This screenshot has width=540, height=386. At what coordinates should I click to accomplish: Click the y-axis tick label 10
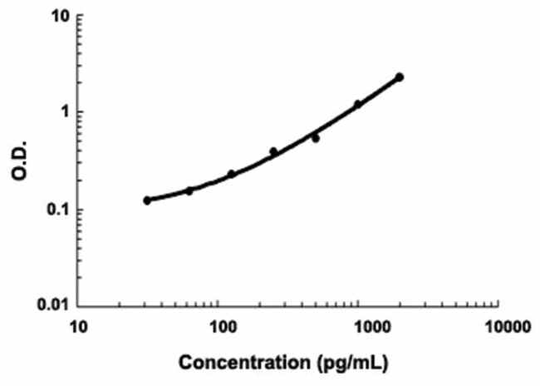click(59, 17)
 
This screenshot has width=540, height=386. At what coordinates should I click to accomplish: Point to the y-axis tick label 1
click(64, 112)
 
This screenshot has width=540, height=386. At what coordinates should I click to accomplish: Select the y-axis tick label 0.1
click(57, 210)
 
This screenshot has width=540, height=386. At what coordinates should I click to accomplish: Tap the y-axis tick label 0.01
click(54, 306)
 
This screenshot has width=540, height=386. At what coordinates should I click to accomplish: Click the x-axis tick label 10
click(78, 326)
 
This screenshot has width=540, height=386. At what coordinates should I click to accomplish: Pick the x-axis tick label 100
click(219, 326)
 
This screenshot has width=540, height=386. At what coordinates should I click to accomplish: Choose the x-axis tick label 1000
click(359, 326)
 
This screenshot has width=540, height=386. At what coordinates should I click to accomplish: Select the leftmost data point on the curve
click(147, 200)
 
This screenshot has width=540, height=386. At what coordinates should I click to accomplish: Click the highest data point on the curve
click(400, 77)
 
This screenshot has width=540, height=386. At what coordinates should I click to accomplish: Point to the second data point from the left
click(189, 191)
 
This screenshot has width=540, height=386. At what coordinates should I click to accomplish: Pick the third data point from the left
click(232, 174)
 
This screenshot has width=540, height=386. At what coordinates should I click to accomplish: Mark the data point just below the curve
click(316, 138)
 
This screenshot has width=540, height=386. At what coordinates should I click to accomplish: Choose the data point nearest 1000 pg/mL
click(358, 105)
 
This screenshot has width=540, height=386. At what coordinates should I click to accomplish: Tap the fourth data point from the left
click(273, 151)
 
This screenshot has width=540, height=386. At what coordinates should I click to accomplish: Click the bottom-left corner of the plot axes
click(80, 305)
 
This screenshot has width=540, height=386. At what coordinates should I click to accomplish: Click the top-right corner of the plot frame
click(499, 16)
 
